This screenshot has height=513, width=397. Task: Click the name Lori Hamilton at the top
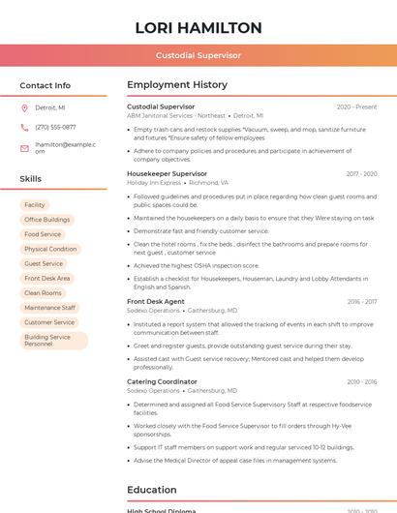pos(198,28)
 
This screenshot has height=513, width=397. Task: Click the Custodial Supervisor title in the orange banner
pos(198,55)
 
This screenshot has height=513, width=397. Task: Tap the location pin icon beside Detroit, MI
pos(24,107)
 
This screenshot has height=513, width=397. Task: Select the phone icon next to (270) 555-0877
pos(24,127)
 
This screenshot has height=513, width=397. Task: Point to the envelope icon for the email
pos(24,148)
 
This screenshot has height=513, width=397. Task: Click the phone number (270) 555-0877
pos(55,127)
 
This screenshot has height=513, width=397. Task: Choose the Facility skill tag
pos(35,205)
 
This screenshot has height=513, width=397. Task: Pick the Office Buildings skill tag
pos(47,220)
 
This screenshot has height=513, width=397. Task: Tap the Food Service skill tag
pos(43,234)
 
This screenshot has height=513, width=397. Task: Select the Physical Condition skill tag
pos(50,249)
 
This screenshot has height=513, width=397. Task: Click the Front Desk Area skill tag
pos(47,278)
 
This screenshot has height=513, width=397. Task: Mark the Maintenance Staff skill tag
pos(49,308)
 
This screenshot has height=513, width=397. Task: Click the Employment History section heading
pos(177,85)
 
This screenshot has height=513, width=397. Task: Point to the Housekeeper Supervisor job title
pos(167,173)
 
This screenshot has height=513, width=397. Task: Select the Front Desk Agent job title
pos(156,301)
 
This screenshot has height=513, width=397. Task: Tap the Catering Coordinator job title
pos(162,381)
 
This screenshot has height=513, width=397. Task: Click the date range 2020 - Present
pos(356,106)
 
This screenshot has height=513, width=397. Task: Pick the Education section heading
pos(151,490)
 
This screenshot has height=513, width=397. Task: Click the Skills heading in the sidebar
pos(31,179)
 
